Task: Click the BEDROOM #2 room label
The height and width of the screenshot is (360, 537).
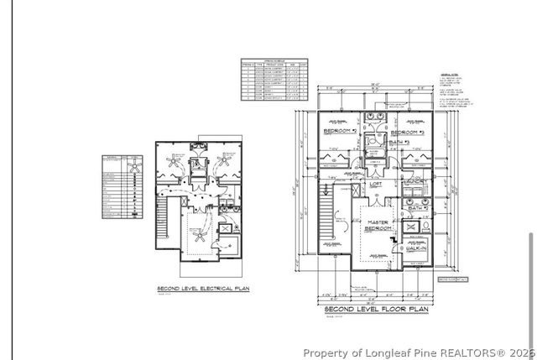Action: [x=341, y=133]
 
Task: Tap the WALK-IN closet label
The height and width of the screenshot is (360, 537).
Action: [x=417, y=248]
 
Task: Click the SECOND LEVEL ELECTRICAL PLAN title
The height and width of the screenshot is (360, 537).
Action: [x=202, y=289]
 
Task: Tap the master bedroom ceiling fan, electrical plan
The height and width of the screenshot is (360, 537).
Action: [x=200, y=235]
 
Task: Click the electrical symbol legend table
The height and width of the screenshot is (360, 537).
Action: [x=120, y=186]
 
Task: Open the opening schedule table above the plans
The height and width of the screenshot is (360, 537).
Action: [x=274, y=80]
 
